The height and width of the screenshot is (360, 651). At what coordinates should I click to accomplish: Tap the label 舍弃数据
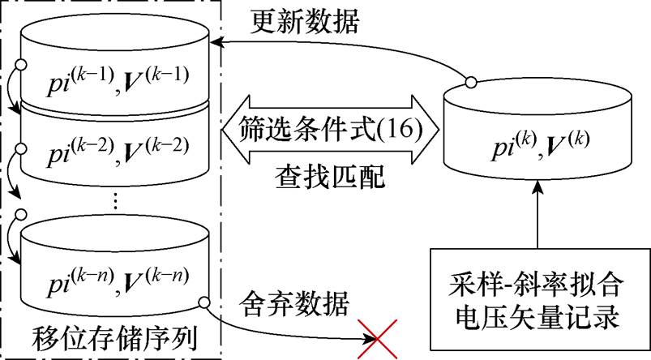click(295, 307)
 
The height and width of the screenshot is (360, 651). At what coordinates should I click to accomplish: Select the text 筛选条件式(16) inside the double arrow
click(332, 128)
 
